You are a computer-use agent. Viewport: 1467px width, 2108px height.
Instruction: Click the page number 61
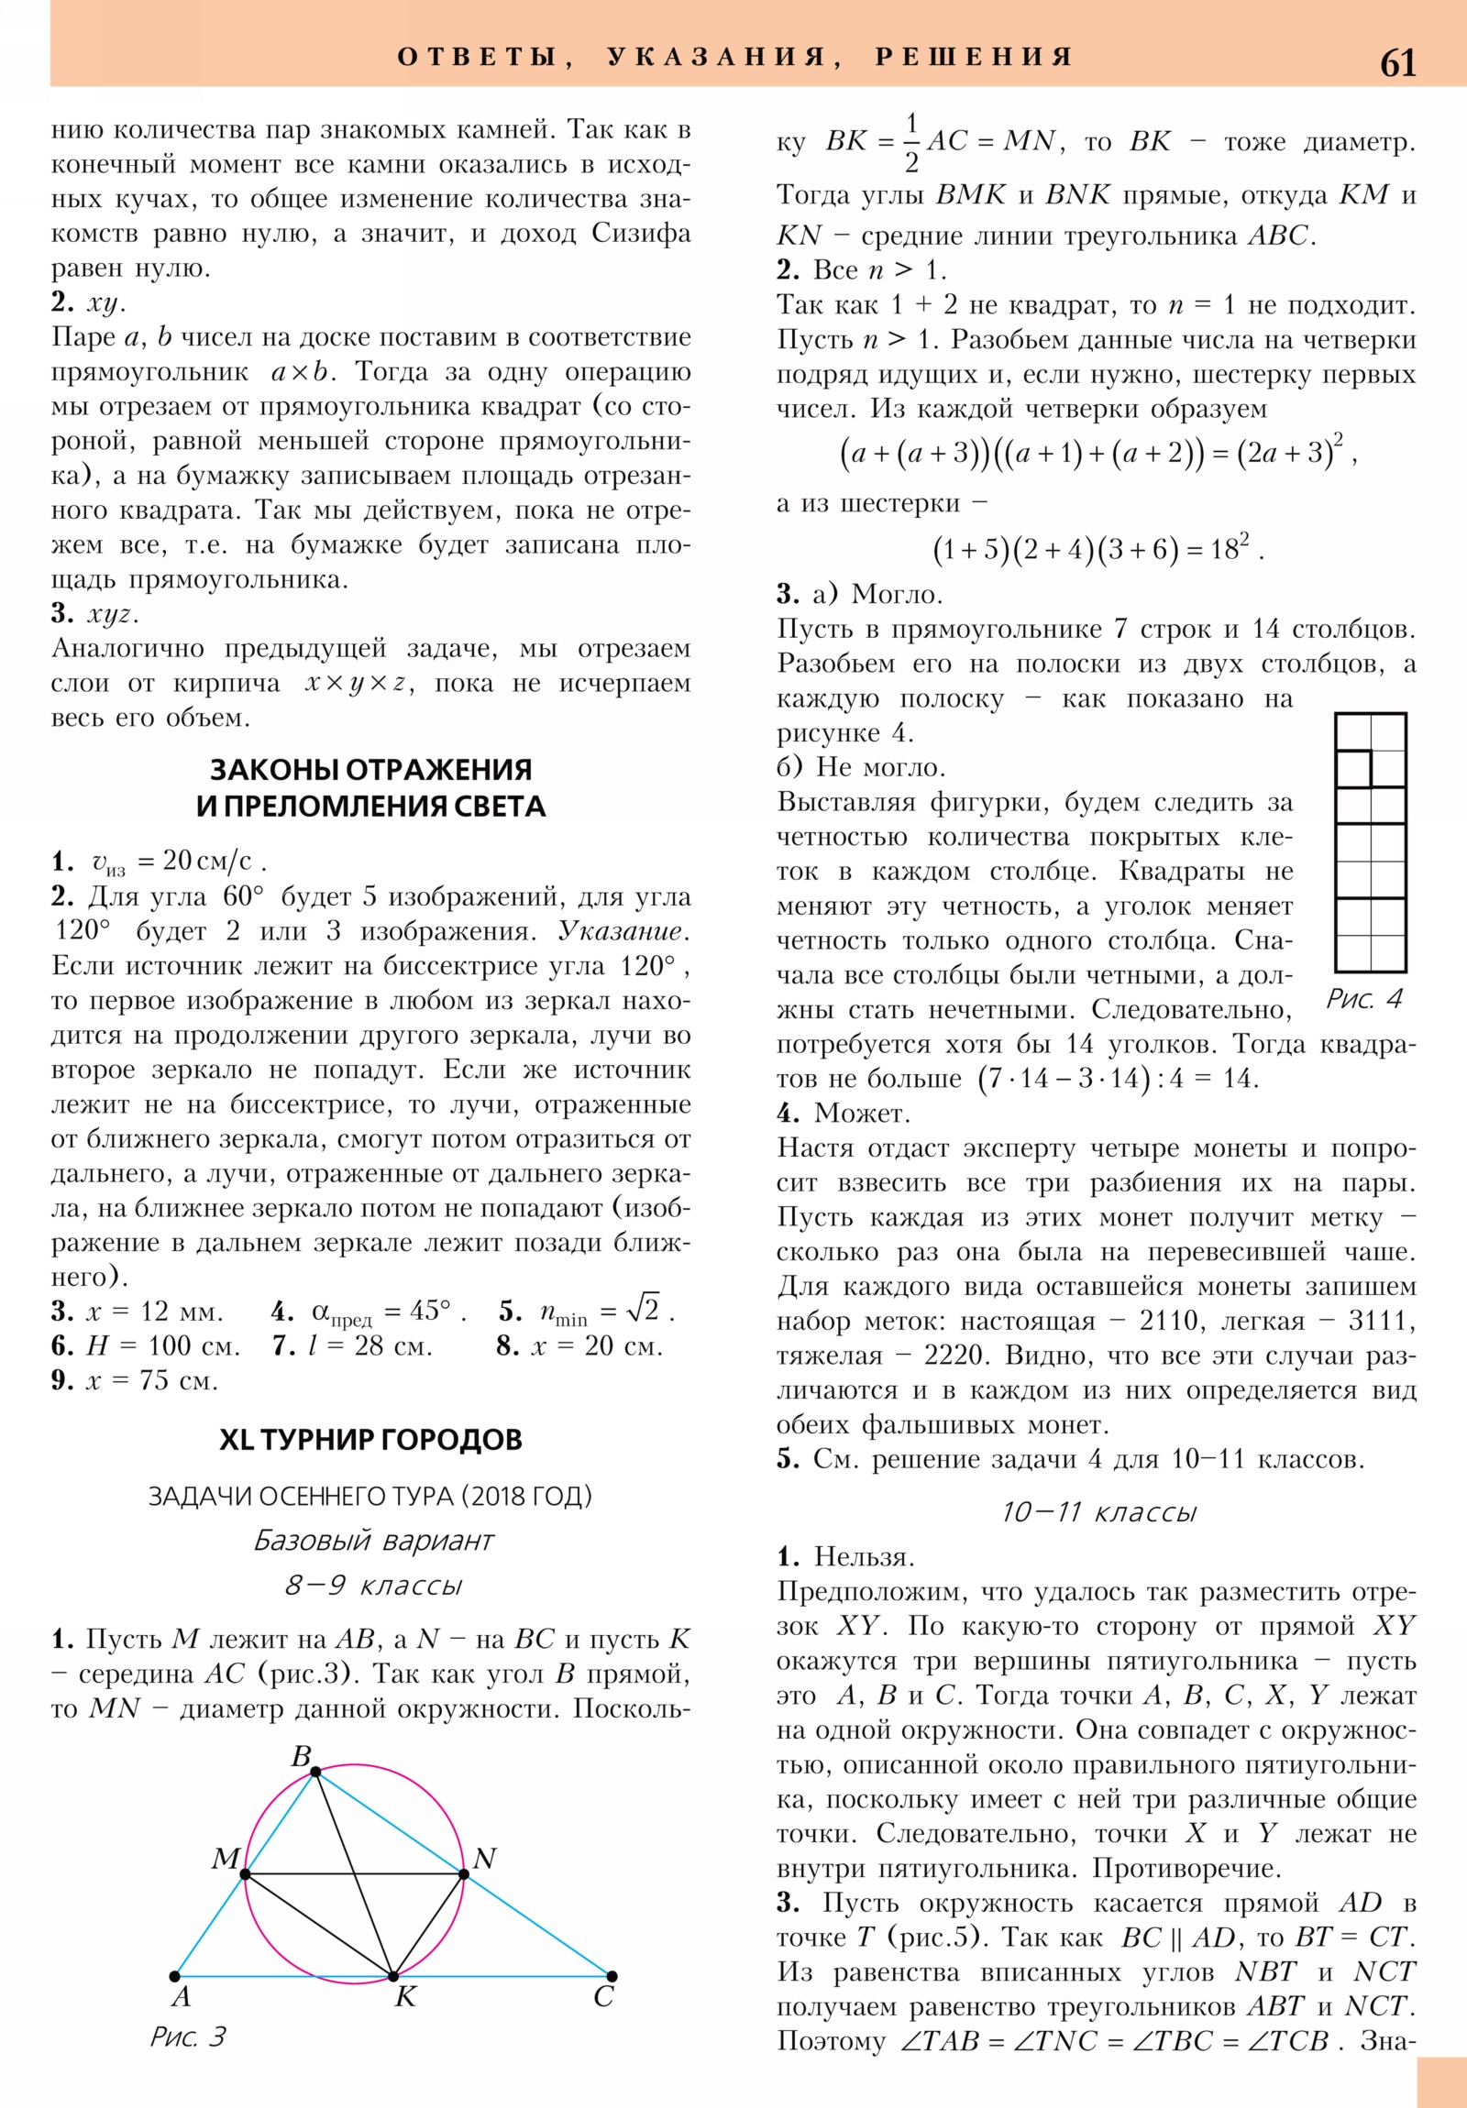click(1397, 62)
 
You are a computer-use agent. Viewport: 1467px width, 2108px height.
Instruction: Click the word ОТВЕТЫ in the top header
click(477, 57)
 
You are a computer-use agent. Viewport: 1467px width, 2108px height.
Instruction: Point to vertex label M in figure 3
click(225, 1858)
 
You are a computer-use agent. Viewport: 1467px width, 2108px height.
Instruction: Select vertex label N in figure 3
click(484, 1858)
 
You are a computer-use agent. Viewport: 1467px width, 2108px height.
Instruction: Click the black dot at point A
click(174, 1975)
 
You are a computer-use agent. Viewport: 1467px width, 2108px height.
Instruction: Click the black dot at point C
click(612, 1975)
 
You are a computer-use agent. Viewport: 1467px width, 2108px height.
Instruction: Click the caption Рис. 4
click(1364, 998)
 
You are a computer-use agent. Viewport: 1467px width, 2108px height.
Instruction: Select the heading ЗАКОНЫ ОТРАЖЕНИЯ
click(371, 768)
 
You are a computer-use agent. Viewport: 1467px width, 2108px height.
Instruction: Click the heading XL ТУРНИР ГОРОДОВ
click(371, 1439)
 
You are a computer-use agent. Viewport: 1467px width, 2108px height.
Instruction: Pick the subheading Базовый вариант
click(374, 1540)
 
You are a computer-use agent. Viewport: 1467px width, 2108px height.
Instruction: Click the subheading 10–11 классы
click(1098, 1511)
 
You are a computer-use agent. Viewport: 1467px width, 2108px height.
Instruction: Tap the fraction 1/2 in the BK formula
click(910, 142)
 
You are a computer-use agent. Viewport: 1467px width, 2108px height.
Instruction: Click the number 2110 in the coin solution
click(1169, 1321)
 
